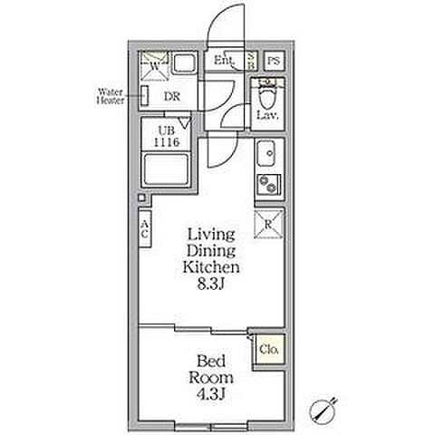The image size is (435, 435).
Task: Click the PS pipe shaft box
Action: point(274,61)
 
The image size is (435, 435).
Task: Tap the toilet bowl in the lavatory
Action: point(268,94)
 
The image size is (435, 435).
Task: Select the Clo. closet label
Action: point(269,350)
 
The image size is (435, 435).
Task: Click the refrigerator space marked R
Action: point(268,224)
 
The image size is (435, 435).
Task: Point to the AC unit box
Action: point(145,228)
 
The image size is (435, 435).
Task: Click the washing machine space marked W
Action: point(154,66)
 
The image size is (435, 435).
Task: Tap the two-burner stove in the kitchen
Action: point(269,184)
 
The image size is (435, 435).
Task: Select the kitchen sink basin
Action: point(266,153)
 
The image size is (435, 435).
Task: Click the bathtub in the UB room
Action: point(166,169)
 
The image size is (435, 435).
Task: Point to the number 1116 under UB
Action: point(167,142)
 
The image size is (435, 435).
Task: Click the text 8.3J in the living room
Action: point(211,284)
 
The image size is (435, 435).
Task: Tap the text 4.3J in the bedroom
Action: point(211,393)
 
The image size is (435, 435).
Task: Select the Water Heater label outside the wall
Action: point(111,96)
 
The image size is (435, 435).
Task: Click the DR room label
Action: point(172,97)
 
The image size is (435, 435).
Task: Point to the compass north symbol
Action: point(323,410)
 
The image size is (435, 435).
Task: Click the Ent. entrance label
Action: point(224,61)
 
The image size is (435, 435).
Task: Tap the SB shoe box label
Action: point(251,61)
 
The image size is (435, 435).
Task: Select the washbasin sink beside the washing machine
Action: point(186,63)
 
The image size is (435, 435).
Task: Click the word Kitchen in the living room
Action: point(211,266)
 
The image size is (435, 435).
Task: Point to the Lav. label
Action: point(267,115)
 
